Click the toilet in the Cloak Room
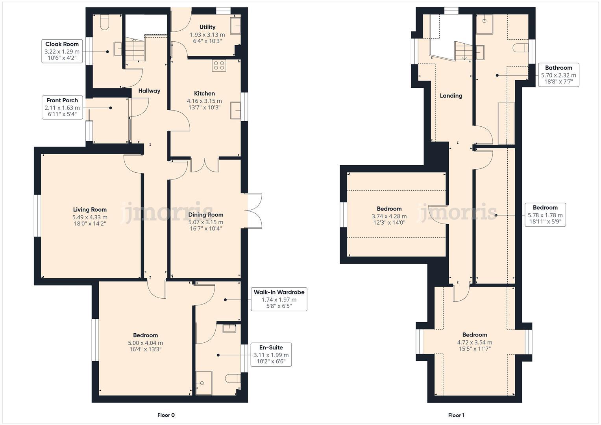pos(104,23)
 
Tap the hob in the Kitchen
pos(219,66)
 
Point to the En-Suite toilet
pos(233,379)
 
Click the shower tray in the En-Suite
pos(204,383)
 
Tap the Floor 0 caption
pos(166,415)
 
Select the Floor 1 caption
pos(456,415)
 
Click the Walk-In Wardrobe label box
pos(279,299)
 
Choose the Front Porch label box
pos(62,107)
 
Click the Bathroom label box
pos(558,75)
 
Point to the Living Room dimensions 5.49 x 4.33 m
pos(90,217)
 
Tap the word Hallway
pos(149,91)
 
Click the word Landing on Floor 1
pos(451,96)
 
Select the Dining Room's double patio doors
pos(253,210)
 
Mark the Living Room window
pos(37,215)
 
